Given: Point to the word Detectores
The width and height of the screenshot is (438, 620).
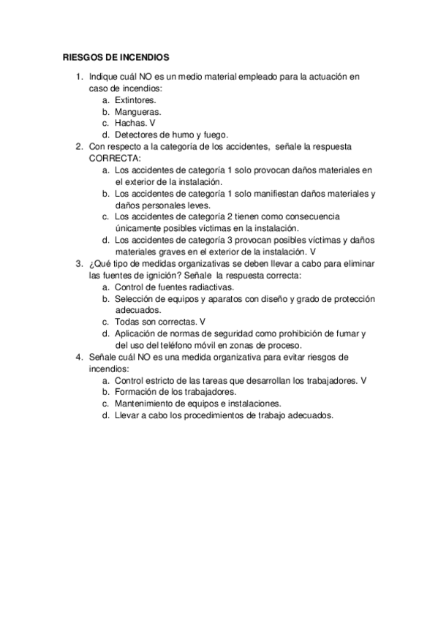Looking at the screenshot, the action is tap(138, 135).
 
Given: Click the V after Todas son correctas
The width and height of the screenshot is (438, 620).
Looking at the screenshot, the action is tap(203, 322).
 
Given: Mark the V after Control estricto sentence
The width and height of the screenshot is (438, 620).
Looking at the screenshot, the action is tap(363, 380).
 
